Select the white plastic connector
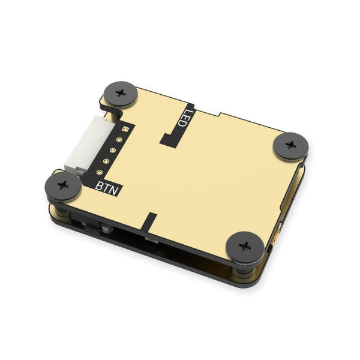click(78, 144)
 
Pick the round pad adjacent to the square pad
click(119, 140)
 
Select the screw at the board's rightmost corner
click(291, 145)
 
